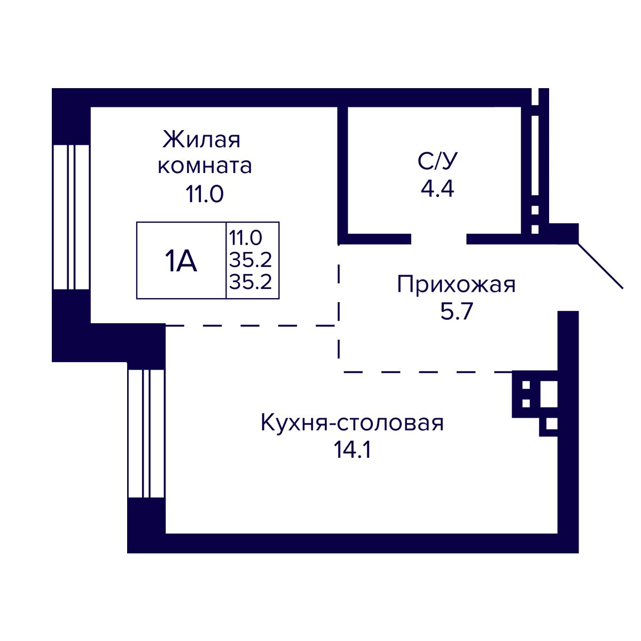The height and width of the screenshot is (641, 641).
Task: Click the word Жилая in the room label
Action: (x=201, y=140)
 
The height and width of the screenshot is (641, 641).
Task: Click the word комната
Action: (x=205, y=166)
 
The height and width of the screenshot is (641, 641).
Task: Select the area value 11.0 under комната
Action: (x=204, y=194)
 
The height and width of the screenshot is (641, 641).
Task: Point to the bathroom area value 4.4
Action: (x=437, y=189)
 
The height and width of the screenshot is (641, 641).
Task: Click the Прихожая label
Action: (x=456, y=284)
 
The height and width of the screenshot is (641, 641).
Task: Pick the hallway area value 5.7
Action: (x=457, y=311)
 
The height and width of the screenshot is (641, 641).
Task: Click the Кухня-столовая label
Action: (x=352, y=423)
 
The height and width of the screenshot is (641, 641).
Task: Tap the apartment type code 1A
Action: (x=181, y=261)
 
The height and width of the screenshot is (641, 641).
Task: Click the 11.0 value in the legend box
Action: (x=246, y=236)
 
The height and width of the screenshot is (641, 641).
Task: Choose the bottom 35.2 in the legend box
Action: (x=251, y=282)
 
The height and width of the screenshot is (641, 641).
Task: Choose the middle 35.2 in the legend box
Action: (x=251, y=260)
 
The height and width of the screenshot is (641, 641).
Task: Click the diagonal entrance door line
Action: (x=600, y=265)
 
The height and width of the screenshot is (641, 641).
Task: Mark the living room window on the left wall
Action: (x=71, y=216)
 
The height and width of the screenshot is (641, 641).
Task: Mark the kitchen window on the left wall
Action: (x=146, y=433)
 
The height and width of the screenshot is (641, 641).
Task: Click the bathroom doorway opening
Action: (x=439, y=239)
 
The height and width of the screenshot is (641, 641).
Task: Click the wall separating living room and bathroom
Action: (x=342, y=171)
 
